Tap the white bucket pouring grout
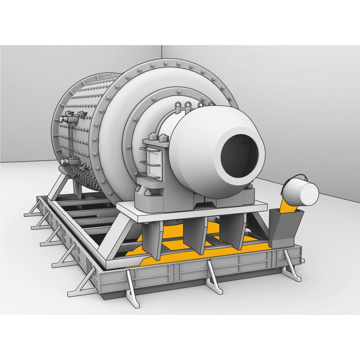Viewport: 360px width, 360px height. tap(305, 193)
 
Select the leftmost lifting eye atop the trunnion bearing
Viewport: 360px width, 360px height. tap(177, 105)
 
